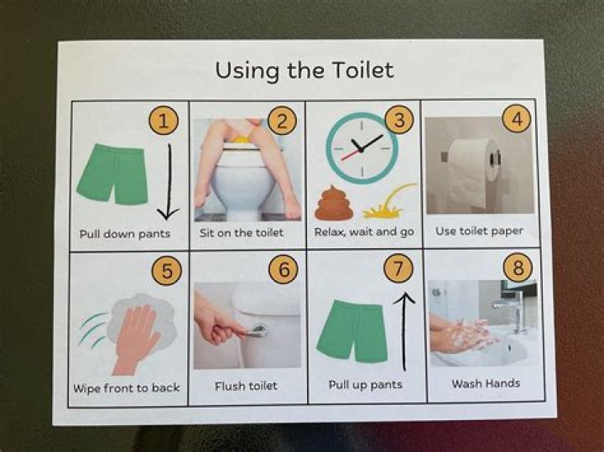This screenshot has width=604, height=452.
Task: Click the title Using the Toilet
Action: (x=304, y=70)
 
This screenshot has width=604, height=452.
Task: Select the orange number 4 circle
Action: (x=517, y=120)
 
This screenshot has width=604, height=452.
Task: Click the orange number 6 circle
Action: (x=283, y=271)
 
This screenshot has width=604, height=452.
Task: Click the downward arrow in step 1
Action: (x=169, y=180)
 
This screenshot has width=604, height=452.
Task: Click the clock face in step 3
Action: (x=362, y=148)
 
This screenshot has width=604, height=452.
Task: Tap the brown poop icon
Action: (x=334, y=204)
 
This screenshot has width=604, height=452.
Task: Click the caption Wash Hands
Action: (x=486, y=383)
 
